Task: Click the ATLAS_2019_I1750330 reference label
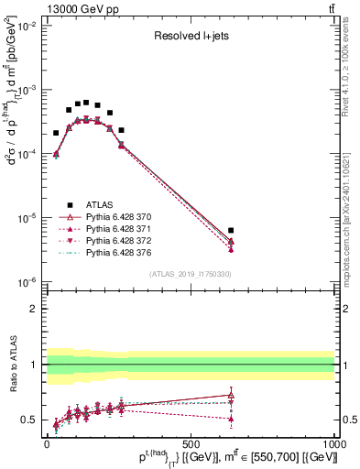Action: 190,273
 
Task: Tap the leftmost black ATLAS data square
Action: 56,133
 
